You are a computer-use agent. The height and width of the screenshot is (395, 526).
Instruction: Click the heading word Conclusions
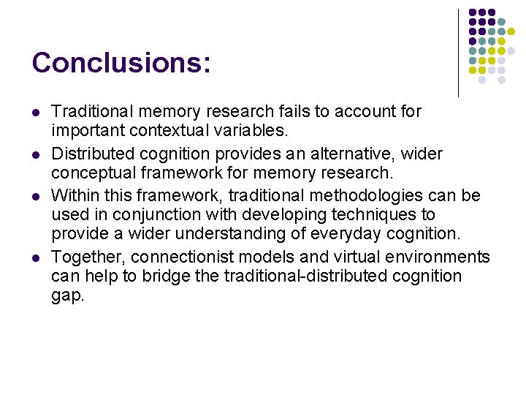(121, 63)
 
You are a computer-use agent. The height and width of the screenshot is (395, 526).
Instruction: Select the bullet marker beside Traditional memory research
(35, 113)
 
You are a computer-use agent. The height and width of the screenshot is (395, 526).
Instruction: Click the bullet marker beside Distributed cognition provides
(35, 154)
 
